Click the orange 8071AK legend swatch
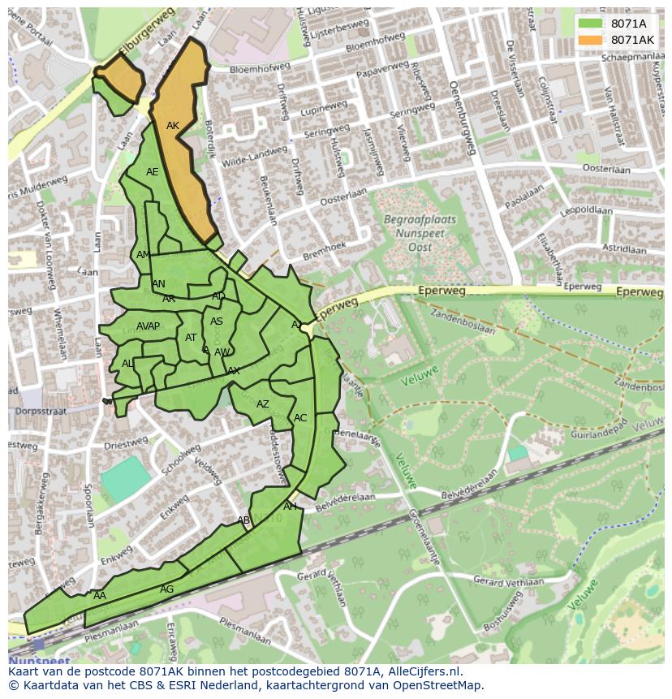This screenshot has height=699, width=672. (x=591, y=40)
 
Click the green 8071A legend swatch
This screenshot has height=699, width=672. (x=591, y=24)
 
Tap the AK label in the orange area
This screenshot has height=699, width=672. (x=172, y=126)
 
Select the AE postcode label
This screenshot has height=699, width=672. (x=153, y=172)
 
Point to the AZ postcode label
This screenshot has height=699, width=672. (x=263, y=404)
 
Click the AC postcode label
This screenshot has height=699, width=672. (x=300, y=418)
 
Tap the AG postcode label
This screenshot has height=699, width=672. (x=166, y=589)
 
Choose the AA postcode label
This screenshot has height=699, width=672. (x=100, y=596)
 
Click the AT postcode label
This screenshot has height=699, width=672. (x=191, y=338)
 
